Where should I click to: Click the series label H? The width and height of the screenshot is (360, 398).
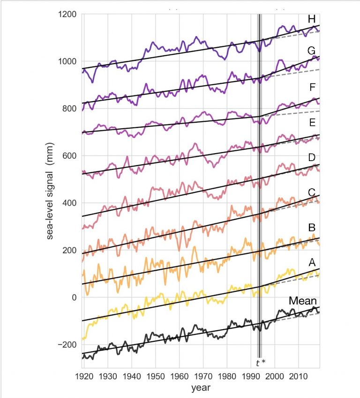click(311, 19)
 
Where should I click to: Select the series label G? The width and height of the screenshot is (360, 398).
click(311, 51)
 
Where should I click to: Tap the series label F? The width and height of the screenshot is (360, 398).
click(311, 88)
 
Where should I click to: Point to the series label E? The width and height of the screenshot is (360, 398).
click(311, 123)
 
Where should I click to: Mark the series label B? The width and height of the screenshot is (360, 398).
click(311, 228)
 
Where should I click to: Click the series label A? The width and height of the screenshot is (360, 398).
click(311, 264)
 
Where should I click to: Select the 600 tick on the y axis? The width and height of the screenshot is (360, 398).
click(70, 156)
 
